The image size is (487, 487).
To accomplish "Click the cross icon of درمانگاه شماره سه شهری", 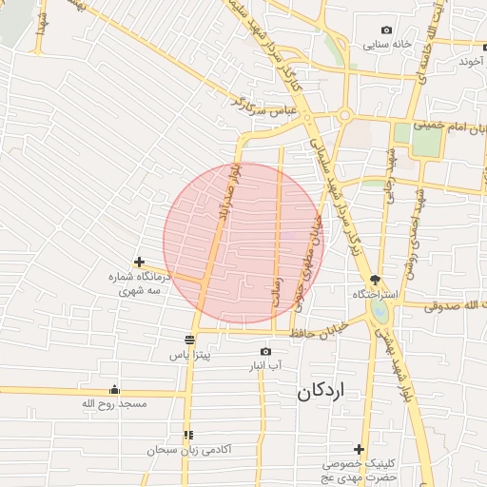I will [x=140, y=262].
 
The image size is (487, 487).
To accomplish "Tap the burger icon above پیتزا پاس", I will [x=189, y=340].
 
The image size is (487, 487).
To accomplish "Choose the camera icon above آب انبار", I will [x=265, y=352].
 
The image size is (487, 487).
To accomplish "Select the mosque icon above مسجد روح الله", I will [x=115, y=389].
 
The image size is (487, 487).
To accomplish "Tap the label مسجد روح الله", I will [x=114, y=404].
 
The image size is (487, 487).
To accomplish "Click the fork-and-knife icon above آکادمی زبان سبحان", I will [x=187, y=435].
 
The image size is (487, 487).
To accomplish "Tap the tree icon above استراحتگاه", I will [x=377, y=280].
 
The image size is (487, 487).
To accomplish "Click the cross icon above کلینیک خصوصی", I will [x=359, y=449].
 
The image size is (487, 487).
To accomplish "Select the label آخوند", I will [x=471, y=61].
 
